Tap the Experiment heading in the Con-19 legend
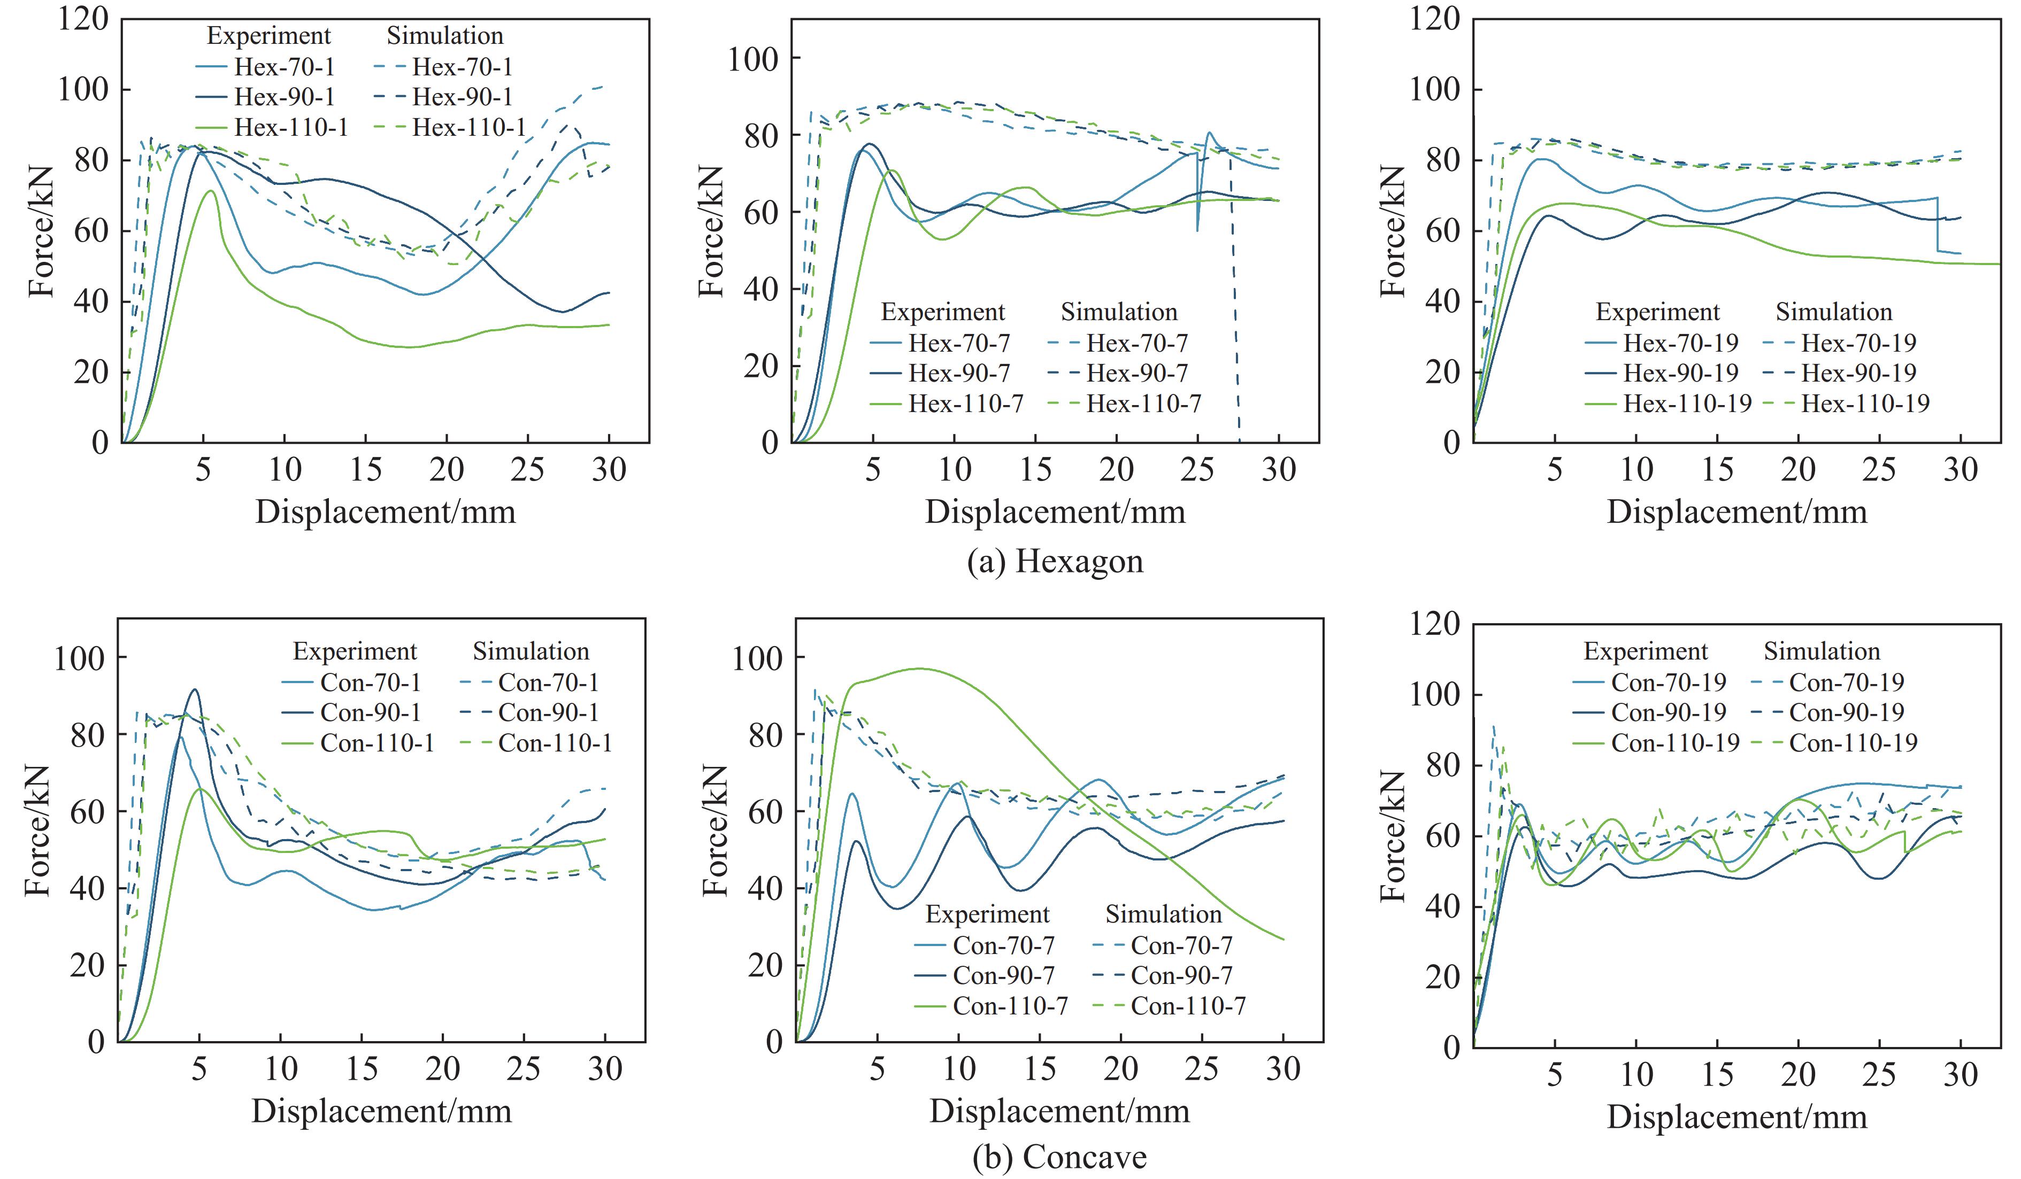click(x=1646, y=651)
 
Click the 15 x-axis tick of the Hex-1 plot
click(x=366, y=470)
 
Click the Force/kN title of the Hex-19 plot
click(x=1393, y=231)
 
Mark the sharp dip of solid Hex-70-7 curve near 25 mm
click(x=1197, y=230)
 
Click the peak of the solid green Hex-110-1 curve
click(x=210, y=191)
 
